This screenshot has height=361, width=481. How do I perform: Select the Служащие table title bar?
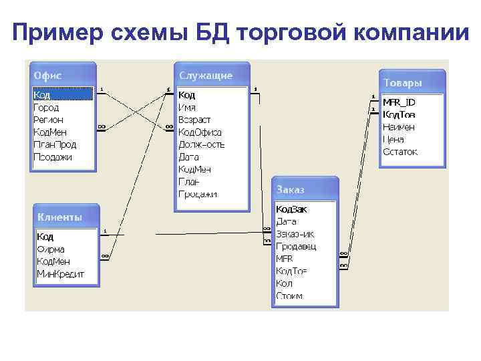pyautogui.click(x=212, y=75)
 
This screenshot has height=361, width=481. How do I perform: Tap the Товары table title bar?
pyautogui.click(x=412, y=83)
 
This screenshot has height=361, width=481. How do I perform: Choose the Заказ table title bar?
pyautogui.click(x=305, y=190)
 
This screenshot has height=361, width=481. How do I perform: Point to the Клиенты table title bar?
pyautogui.click(x=66, y=217)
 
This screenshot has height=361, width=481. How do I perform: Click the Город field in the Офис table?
pyautogui.click(x=46, y=107)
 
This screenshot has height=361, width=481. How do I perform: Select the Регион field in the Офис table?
pyautogui.click(x=48, y=119)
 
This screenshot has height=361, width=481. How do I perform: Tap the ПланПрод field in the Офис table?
pyautogui.click(x=55, y=144)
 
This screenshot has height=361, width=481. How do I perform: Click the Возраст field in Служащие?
pyautogui.click(x=194, y=120)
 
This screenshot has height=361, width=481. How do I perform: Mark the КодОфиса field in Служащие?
pyautogui.click(x=200, y=132)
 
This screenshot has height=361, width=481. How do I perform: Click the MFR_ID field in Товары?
pyautogui.click(x=398, y=102)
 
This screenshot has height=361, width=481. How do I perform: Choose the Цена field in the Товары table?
pyautogui.click(x=393, y=139)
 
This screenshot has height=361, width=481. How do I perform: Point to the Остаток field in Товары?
pyautogui.click(x=399, y=152)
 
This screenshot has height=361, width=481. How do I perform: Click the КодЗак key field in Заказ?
pyautogui.click(x=291, y=209)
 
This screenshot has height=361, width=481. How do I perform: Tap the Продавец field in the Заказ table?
pyautogui.click(x=295, y=246)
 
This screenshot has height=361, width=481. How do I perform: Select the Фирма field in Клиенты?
pyautogui.click(x=50, y=249)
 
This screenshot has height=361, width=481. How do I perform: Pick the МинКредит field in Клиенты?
pyautogui.click(x=60, y=273)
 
